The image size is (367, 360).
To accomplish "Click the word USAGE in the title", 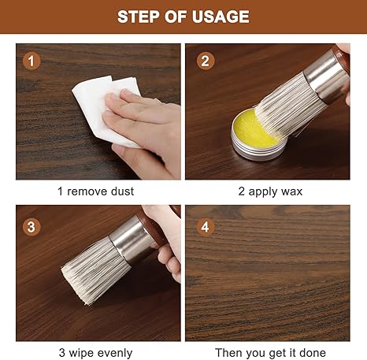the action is tap(221, 17).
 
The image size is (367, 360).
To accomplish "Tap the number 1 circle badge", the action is tap(32, 61).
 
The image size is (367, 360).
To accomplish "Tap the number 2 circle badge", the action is tap(206, 61).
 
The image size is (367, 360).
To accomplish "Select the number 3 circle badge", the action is tap(32, 227).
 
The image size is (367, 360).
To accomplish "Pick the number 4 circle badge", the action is tap(206, 227).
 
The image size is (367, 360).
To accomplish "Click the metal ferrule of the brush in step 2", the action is tap(325, 76).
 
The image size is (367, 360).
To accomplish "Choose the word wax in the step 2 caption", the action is tap(292, 191).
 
